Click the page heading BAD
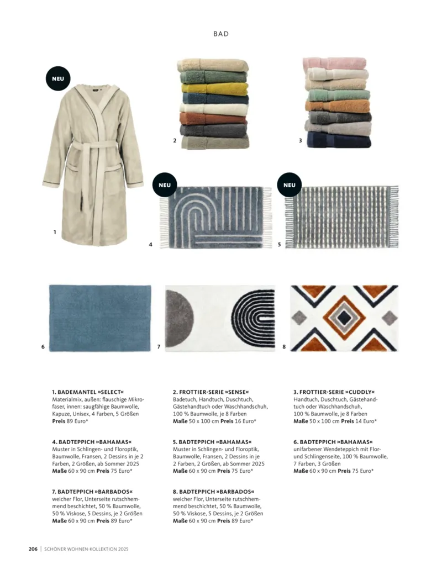(x=221, y=34)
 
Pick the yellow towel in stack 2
(x=215, y=89)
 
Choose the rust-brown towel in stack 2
(x=213, y=118)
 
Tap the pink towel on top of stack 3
(x=334, y=64)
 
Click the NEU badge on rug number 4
(x=165, y=185)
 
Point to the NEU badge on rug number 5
(x=289, y=185)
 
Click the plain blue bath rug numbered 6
(x=100, y=318)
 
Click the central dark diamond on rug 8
(x=344, y=317)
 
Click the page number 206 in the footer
(x=33, y=549)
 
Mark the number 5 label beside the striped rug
(x=279, y=244)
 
